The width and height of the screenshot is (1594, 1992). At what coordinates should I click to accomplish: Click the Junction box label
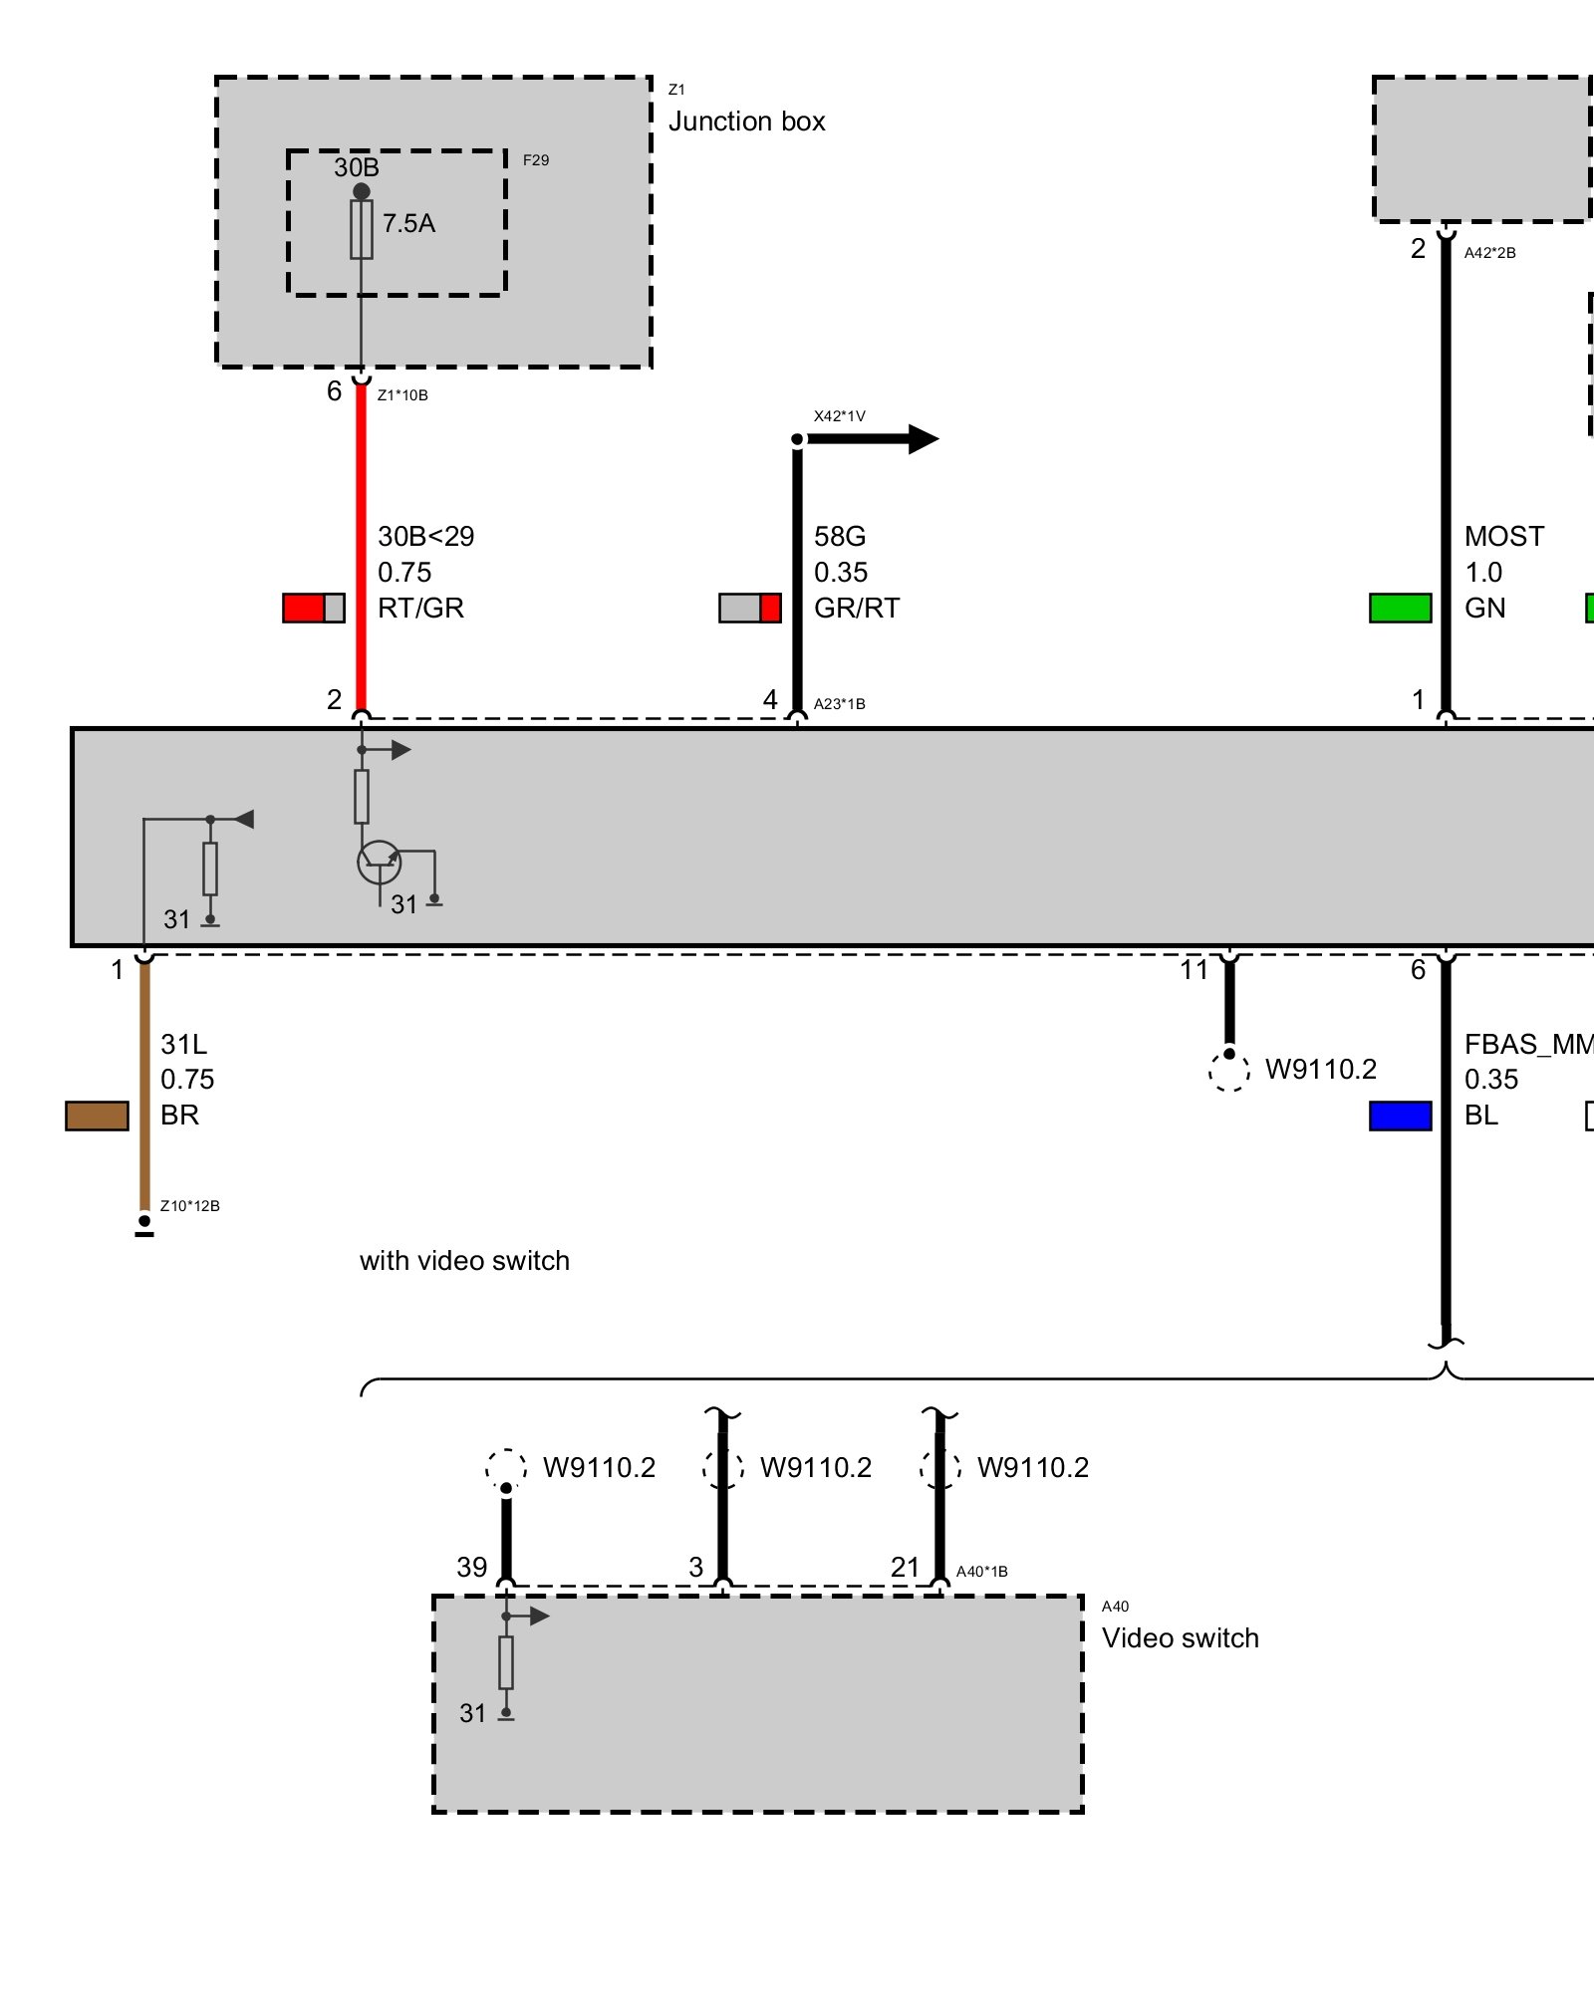coord(746,122)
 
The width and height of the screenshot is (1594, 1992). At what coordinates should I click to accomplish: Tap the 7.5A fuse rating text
coord(408,223)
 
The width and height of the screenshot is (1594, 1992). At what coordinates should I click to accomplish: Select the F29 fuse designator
coord(536,160)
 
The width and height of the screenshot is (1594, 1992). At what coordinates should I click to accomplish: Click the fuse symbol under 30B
coord(361,230)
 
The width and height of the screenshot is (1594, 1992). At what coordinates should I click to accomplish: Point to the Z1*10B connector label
coord(402,395)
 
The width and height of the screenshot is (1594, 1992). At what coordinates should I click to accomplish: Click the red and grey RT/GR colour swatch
coord(313,608)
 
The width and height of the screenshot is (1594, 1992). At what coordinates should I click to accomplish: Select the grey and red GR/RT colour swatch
coord(749,608)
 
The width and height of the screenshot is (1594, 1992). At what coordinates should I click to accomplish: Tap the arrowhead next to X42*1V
coord(923,439)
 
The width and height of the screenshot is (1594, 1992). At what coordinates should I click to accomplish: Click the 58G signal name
coord(840,537)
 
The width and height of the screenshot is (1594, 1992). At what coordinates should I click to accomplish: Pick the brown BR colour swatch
coord(97,1116)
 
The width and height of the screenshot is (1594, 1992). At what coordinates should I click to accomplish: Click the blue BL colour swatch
coord(1400,1116)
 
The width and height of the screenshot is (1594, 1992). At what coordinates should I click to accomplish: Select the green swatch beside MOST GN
coord(1400,608)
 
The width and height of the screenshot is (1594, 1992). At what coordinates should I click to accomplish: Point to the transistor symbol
coord(380,863)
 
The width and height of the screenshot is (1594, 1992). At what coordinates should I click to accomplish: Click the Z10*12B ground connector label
coord(189,1206)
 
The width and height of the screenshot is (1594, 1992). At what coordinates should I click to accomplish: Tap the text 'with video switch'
coord(464,1261)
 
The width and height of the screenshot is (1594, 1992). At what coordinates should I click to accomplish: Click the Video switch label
coord(1180,1638)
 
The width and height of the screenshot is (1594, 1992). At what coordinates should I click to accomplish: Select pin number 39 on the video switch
coord(471,1568)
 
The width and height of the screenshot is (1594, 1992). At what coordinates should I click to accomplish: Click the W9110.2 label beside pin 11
coord(1320,1070)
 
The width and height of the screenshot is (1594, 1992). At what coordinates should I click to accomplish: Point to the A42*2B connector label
coord(1489,253)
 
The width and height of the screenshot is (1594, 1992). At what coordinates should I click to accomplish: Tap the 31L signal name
coord(184,1045)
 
